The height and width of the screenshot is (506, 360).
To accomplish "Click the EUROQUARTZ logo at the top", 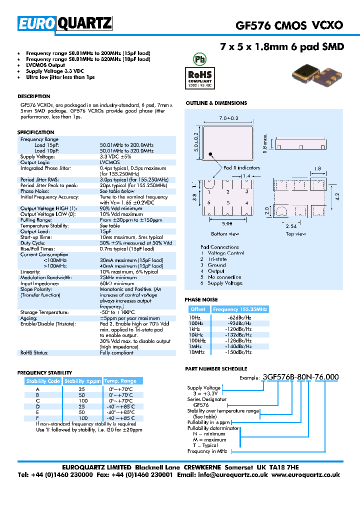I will [x=65, y=23].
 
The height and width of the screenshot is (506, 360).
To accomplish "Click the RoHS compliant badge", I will [x=200, y=76].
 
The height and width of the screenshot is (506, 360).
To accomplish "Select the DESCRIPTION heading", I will [x=34, y=96].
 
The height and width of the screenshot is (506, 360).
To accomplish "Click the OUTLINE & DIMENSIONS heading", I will [x=216, y=103].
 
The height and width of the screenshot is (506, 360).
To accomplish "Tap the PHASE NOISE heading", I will [x=201, y=299].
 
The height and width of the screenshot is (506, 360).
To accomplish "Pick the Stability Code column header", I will [x=43, y=381].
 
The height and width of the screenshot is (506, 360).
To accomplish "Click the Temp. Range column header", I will [x=123, y=381].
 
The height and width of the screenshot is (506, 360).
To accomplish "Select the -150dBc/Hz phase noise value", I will [x=239, y=352].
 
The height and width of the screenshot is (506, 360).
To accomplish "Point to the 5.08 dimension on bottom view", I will [x=227, y=224].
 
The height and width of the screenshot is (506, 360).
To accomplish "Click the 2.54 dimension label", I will [x=291, y=226].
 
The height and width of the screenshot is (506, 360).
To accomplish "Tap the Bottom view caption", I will [x=225, y=233].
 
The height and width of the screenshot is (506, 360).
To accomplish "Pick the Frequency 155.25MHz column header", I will [x=240, y=309].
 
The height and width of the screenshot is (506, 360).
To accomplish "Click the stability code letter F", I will [x=37, y=417].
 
